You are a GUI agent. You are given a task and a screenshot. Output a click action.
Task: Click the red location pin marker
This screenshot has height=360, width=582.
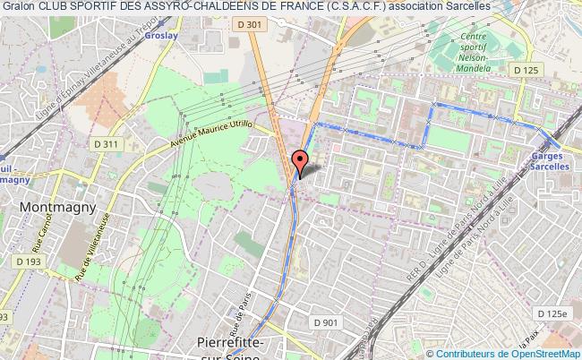pyautogui.click(x=300, y=161)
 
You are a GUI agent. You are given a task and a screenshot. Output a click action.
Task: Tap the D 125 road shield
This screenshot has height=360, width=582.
pyautogui.click(x=524, y=69)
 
